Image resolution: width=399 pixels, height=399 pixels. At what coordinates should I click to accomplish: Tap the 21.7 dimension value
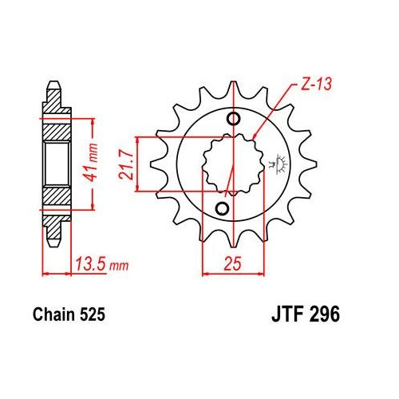pyautogui.click(x=126, y=164)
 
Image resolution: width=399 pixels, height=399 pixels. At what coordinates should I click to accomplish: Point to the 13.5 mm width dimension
pyautogui.click(x=102, y=264)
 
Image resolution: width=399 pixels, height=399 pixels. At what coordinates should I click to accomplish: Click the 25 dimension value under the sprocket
pyautogui.click(x=232, y=263)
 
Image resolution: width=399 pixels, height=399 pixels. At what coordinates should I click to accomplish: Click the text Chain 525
pyautogui.click(x=69, y=314)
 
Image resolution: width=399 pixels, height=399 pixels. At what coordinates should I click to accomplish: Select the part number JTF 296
pyautogui.click(x=306, y=314)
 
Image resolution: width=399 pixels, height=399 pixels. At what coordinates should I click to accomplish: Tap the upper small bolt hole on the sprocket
pyautogui.click(x=234, y=119)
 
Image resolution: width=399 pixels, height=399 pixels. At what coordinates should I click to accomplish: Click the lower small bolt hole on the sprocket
pyautogui.click(x=222, y=208)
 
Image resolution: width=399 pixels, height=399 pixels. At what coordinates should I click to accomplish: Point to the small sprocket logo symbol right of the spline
pyautogui.click(x=279, y=164)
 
